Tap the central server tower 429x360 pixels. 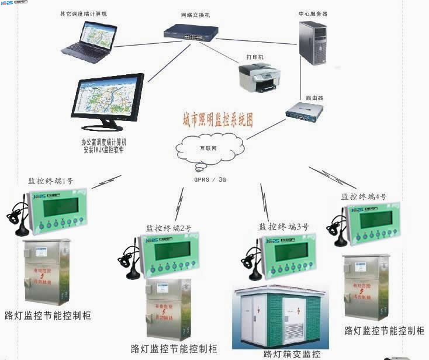313,42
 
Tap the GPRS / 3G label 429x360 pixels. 210,179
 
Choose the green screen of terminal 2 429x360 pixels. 169,251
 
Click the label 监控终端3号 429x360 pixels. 283,226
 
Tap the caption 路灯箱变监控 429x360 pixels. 292,354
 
